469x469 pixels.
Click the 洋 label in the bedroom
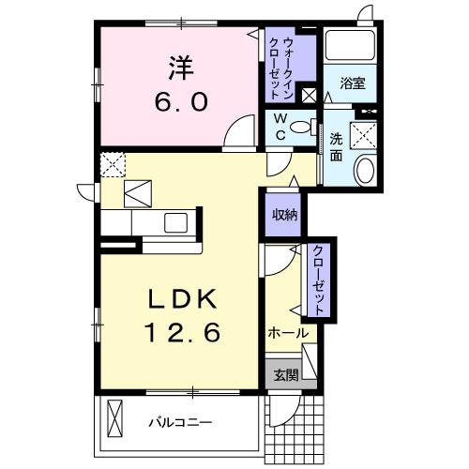[x=181, y=68]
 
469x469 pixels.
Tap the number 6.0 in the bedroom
[x=181, y=101]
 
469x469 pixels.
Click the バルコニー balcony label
[x=180, y=422]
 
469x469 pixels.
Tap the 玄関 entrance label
[x=285, y=375]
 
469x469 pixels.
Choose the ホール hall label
[x=287, y=333]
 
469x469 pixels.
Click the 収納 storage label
[x=284, y=215]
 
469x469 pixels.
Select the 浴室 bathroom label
[x=353, y=83]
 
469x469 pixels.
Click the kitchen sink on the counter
[x=175, y=223]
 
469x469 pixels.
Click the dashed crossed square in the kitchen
[x=113, y=164]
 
